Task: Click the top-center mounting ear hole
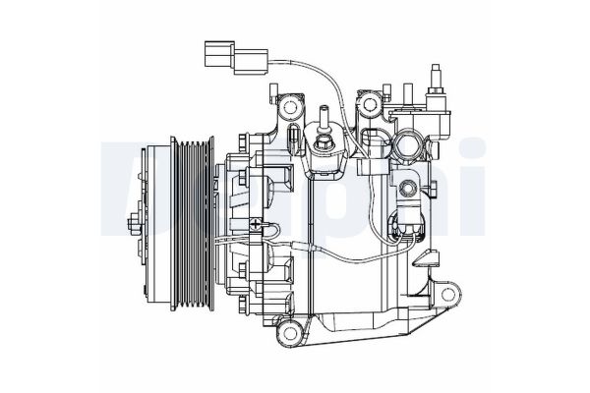[x=370, y=102]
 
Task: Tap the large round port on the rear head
[x=410, y=149]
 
